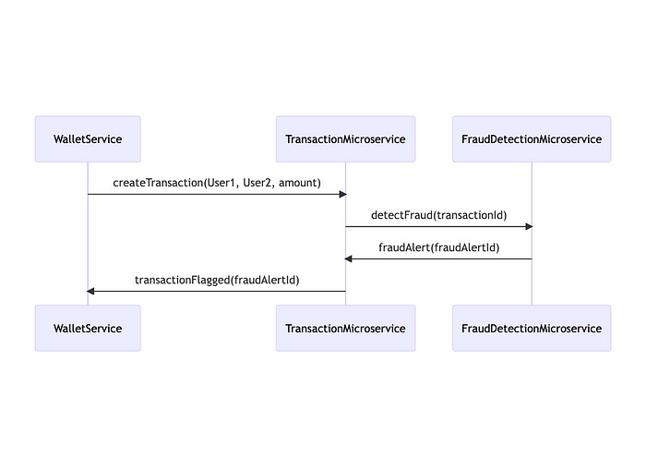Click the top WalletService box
point(88,139)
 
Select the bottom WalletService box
point(88,328)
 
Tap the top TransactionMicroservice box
point(345,139)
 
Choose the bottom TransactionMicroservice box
point(345,328)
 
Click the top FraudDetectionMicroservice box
point(532,139)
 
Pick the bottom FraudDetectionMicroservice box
point(532,328)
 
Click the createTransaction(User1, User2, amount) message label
point(217,183)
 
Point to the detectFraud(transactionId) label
point(438,215)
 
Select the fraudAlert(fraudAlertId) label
point(438,247)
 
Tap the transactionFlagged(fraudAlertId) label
point(217,280)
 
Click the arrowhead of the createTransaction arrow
point(341,194)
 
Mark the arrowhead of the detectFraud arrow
point(528,226)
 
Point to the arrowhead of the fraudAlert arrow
point(350,258)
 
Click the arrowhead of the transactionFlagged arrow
point(91,291)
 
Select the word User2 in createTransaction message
point(257,183)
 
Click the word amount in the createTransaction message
point(299,183)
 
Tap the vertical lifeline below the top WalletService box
point(88,240)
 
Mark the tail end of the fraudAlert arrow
point(530,258)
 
